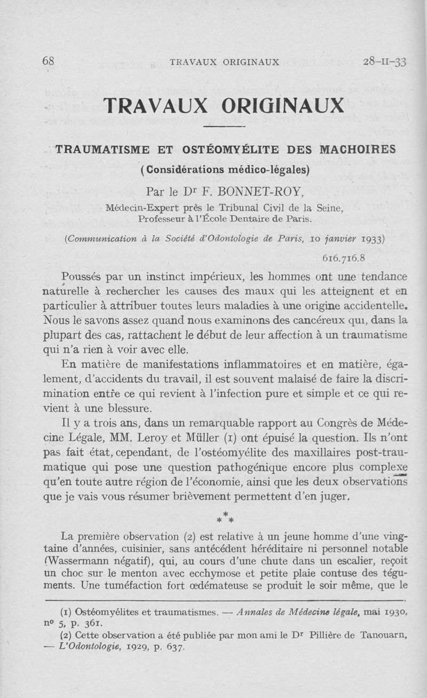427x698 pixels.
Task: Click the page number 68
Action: [48, 61]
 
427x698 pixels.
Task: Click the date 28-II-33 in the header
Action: [384, 61]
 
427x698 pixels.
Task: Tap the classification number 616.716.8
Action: [343, 258]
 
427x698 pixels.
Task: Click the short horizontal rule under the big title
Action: [224, 126]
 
